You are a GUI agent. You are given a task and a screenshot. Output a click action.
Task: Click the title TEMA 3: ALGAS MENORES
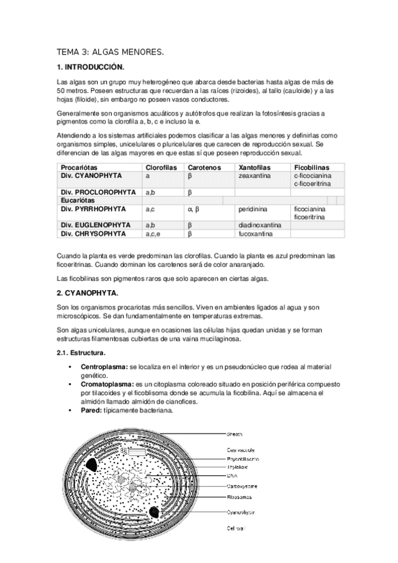click(x=110, y=51)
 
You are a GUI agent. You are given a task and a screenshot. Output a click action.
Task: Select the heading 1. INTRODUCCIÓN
click(x=90, y=67)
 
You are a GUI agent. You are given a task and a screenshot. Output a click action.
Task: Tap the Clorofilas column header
click(x=161, y=167)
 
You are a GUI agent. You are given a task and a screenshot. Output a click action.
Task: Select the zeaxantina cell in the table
click(x=256, y=176)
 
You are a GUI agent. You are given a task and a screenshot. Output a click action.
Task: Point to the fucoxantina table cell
click(x=257, y=234)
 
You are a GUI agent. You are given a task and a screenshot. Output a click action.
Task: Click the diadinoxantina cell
click(x=260, y=226)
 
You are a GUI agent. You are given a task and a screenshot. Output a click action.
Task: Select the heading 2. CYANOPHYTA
click(x=88, y=292)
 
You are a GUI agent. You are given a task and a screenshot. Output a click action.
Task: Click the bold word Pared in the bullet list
click(x=92, y=410)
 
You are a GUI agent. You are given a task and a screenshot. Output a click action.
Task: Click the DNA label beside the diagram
click(x=232, y=475)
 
